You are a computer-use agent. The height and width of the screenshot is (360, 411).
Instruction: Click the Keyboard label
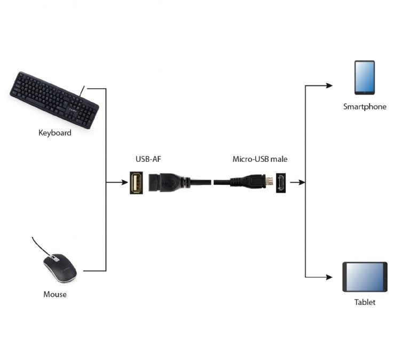click(x=54, y=132)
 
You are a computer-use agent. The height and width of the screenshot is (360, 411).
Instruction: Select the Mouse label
click(x=55, y=294)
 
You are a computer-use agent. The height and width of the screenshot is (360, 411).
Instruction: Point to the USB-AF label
click(x=147, y=159)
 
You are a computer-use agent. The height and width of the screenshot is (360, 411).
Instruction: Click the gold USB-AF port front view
click(x=137, y=183)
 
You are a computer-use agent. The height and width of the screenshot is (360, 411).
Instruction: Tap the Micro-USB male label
click(x=260, y=159)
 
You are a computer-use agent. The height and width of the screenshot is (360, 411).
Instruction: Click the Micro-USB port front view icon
click(x=280, y=183)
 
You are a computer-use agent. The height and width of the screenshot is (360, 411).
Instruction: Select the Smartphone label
click(x=365, y=107)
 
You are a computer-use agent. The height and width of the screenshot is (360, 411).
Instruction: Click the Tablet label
click(x=365, y=302)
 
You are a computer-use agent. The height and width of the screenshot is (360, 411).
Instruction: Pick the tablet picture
click(x=365, y=276)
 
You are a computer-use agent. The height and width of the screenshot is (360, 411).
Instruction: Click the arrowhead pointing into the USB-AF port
click(x=124, y=183)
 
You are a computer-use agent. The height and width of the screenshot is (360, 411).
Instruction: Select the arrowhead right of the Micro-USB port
click(x=302, y=183)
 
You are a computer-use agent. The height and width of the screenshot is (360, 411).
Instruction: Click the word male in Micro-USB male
click(x=279, y=159)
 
